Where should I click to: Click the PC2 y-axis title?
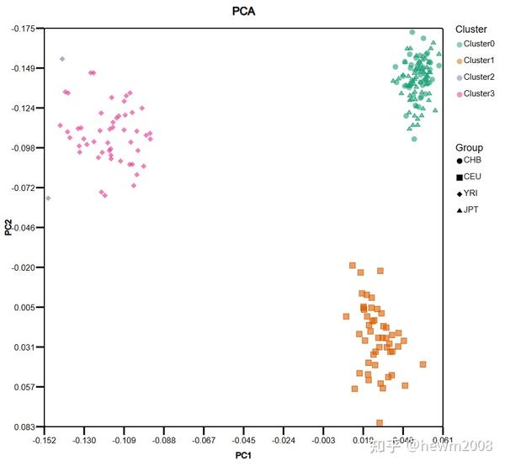coord(8,227)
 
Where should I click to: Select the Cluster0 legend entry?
coord(477,44)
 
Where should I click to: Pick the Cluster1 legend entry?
coord(477,61)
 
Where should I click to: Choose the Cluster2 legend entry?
coord(477,77)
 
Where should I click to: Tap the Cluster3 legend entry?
coord(477,93)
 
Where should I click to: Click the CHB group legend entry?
coord(469,160)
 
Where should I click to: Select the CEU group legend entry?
coord(469,177)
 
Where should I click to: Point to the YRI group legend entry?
coord(469,193)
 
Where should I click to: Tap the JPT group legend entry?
coord(468,210)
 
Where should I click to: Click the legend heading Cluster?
coord(470,29)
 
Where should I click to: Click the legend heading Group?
coord(468,147)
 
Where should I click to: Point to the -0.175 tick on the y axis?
coord(23,29)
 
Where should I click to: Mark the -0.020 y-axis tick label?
coord(23,267)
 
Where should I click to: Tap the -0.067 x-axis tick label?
coord(205,439)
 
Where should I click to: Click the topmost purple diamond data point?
coord(62,59)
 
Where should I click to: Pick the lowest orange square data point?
coord(380,423)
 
